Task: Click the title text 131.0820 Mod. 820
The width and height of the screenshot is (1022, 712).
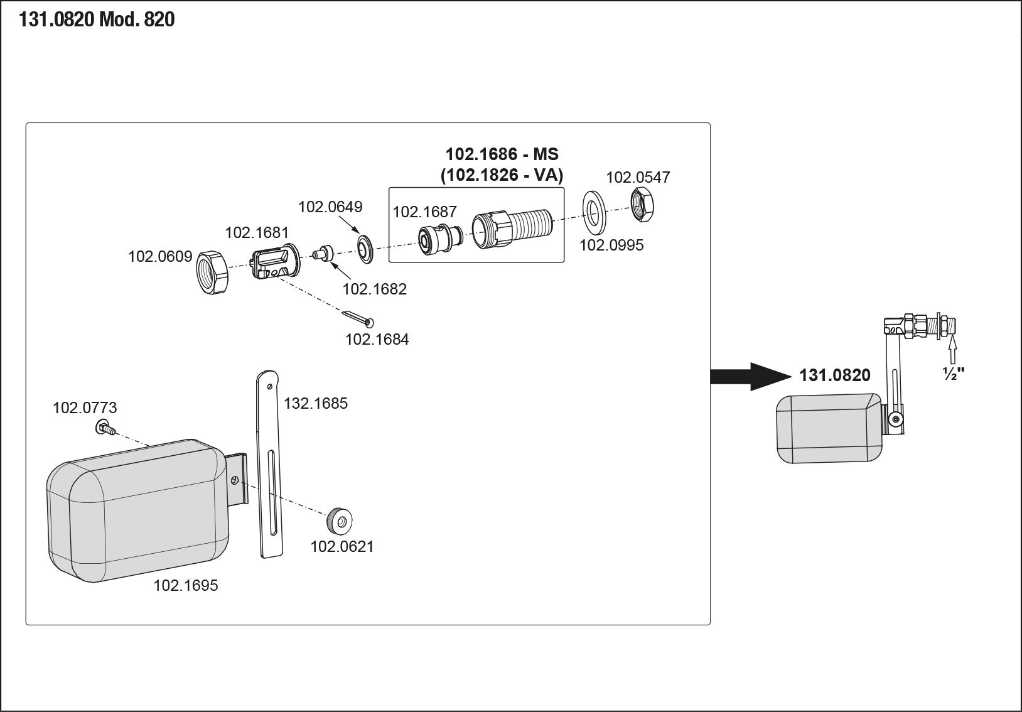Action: tap(97, 20)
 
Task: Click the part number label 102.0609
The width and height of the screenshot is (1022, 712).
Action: tap(160, 257)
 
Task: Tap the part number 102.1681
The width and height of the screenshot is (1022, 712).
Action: tap(257, 233)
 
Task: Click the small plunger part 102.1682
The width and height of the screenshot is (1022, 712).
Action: tap(323, 254)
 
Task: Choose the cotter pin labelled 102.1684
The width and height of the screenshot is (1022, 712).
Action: tap(358, 317)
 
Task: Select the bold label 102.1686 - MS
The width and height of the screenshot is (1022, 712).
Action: tap(502, 154)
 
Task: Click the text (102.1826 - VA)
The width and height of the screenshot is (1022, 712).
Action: tap(502, 175)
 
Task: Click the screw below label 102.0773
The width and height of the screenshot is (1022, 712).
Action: tap(105, 429)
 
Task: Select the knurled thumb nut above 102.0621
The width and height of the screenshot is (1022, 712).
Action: tap(339, 521)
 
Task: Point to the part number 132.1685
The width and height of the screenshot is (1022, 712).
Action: tap(315, 403)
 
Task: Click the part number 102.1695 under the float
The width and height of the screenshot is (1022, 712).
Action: tap(186, 586)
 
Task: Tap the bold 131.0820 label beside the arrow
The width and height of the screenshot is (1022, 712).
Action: tap(834, 375)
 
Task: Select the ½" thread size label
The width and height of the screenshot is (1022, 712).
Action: tap(953, 373)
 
